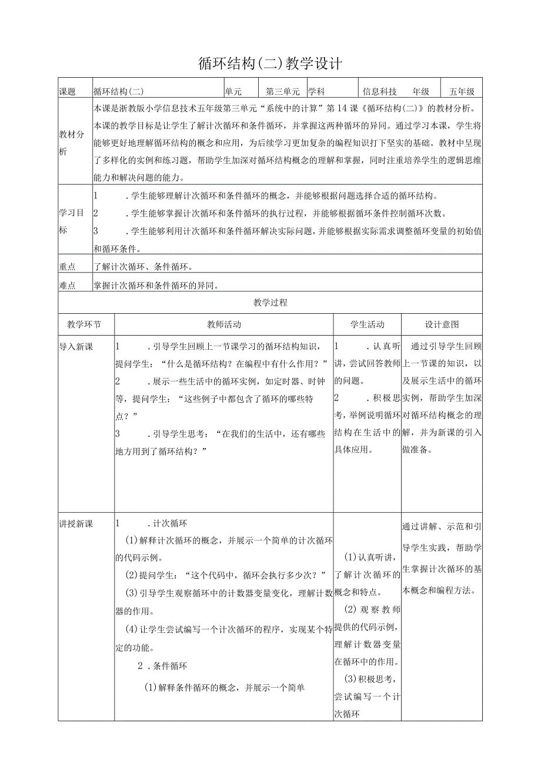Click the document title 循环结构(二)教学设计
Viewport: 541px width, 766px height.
[270, 64]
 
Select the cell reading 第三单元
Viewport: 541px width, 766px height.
[283, 92]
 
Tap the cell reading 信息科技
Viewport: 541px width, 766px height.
[380, 92]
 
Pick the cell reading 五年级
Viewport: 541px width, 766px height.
[462, 92]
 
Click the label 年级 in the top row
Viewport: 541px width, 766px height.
[421, 92]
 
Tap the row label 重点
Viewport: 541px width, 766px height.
[68, 267]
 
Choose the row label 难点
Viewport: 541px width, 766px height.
[68, 286]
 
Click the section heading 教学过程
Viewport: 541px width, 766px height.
[270, 303]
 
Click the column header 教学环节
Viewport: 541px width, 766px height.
[84, 324]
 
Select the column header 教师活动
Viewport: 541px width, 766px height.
[224, 324]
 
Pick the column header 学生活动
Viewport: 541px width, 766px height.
[368, 324]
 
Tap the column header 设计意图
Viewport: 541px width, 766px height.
[442, 324]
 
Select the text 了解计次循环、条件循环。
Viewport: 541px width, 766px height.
[144, 267]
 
